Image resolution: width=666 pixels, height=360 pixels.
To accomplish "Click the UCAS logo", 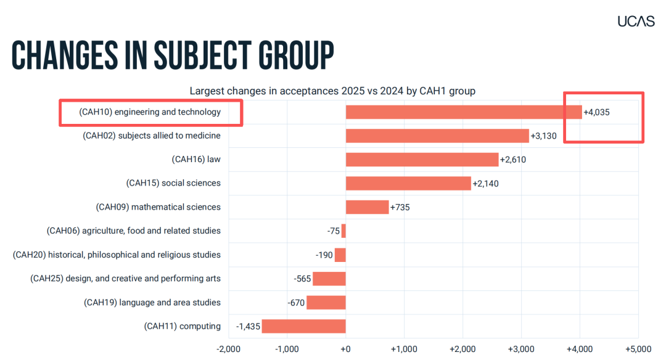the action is click(636, 21).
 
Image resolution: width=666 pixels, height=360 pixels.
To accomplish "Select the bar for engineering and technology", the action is click(464, 112).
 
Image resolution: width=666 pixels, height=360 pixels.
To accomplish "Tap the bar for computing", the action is click(303, 326).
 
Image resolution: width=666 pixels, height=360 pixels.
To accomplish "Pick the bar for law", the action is click(422, 160).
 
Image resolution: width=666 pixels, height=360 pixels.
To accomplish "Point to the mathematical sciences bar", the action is click(368, 207).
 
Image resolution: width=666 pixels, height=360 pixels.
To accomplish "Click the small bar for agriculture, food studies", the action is click(343, 231).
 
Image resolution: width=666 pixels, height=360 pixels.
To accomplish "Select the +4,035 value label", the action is click(596, 112).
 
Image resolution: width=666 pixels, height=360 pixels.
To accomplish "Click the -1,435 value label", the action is click(248, 327).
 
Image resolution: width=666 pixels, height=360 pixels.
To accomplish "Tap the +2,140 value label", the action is click(485, 184).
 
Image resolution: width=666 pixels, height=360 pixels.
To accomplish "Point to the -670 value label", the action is click(296, 303).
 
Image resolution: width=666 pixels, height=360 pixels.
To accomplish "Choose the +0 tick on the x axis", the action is click(345, 349).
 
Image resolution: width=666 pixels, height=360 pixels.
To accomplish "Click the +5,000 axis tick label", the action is click(638, 349).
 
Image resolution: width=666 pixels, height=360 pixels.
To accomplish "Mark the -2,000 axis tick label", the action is click(229, 349).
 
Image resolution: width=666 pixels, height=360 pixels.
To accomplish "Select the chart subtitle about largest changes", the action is click(332, 91).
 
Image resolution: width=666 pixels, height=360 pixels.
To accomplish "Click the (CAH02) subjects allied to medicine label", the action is click(152, 136).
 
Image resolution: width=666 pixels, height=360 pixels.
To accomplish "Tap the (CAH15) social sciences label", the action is click(173, 183).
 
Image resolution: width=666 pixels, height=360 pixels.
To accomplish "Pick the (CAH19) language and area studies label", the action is click(152, 302).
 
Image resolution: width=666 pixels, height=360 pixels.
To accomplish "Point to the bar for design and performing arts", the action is click(329, 279).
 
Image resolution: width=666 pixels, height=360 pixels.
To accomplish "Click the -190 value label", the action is click(324, 255).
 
